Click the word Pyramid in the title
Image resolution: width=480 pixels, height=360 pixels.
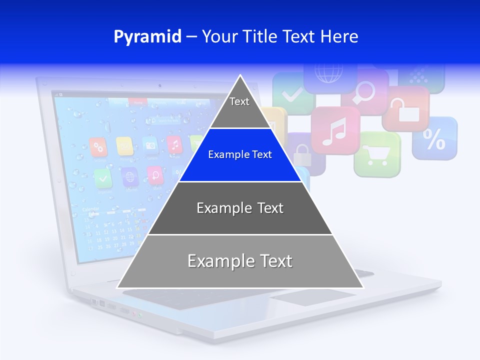[147, 37]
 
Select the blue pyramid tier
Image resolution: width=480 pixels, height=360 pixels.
[240, 155]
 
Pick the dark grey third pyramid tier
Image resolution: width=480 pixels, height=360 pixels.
[240, 208]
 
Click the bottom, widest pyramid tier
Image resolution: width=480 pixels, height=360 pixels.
[240, 261]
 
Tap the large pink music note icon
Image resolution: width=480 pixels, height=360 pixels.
[335, 131]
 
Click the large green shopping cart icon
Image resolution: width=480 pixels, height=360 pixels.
[377, 154]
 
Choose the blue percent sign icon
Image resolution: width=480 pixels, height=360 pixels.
[434, 139]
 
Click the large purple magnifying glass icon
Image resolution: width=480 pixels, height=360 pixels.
[365, 91]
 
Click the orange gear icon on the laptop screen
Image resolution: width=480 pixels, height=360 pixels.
[98, 147]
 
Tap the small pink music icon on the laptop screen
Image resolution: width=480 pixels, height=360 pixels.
[174, 144]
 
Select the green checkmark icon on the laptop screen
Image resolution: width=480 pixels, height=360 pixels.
[103, 177]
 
